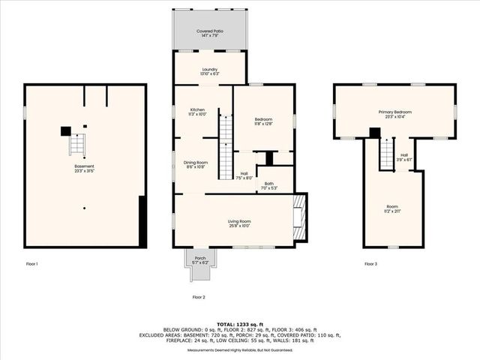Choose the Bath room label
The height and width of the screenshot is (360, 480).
[x=268, y=184]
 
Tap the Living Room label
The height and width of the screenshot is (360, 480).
[x=239, y=221]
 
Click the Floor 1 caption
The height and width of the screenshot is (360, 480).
[x=31, y=264]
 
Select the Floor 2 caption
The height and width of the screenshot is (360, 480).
[x=199, y=297]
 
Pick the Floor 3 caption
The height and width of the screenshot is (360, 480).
[x=370, y=264]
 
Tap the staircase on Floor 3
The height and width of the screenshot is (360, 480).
[x=386, y=154]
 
